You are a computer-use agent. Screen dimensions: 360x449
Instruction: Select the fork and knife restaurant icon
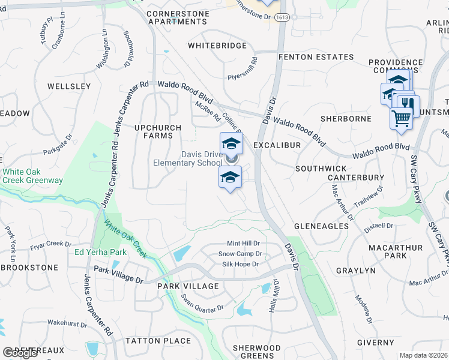point(408,103)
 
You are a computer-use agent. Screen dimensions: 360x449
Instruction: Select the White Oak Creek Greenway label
point(32,176)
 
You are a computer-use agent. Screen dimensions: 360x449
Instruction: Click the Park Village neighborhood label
point(188,286)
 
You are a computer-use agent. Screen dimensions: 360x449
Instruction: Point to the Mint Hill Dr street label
point(243,244)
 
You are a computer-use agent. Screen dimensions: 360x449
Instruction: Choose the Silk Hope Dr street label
point(240,264)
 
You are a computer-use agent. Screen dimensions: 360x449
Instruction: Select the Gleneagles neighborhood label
point(321,226)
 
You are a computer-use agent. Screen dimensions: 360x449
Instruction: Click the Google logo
point(20,353)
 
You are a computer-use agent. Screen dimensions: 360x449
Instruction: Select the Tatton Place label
point(158,341)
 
